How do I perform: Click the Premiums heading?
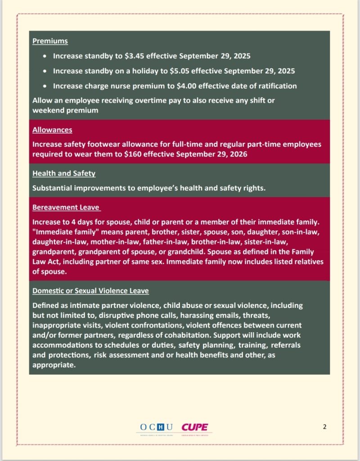click(50, 41)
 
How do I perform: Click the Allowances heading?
click(52, 130)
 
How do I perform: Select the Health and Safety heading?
click(63, 173)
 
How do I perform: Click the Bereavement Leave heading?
click(66, 208)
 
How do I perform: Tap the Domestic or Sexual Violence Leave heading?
click(90, 291)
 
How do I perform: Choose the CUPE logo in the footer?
click(195, 427)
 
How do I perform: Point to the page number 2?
click(324, 427)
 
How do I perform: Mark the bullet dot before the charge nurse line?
click(45, 86)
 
